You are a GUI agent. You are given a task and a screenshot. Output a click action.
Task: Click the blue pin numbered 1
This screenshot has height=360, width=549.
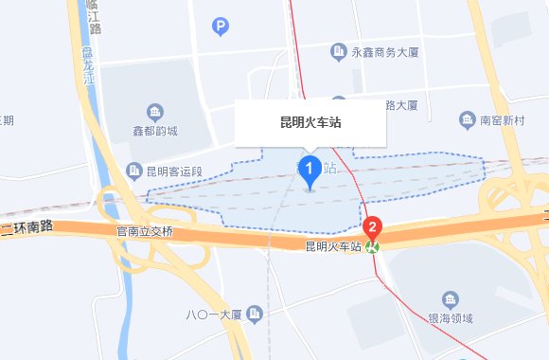click(309, 171)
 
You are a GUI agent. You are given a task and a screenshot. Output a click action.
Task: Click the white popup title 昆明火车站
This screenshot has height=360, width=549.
click(310, 122)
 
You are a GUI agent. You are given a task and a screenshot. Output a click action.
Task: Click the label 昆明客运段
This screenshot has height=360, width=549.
click(176, 171)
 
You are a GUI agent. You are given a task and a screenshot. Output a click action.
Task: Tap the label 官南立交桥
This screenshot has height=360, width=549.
click(145, 231)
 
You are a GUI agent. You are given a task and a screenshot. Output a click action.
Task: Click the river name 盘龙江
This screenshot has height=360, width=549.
click(88, 66)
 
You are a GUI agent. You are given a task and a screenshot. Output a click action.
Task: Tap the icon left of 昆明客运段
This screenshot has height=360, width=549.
click(133, 171)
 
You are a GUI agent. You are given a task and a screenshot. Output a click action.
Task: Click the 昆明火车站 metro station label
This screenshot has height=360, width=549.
click(334, 246)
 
